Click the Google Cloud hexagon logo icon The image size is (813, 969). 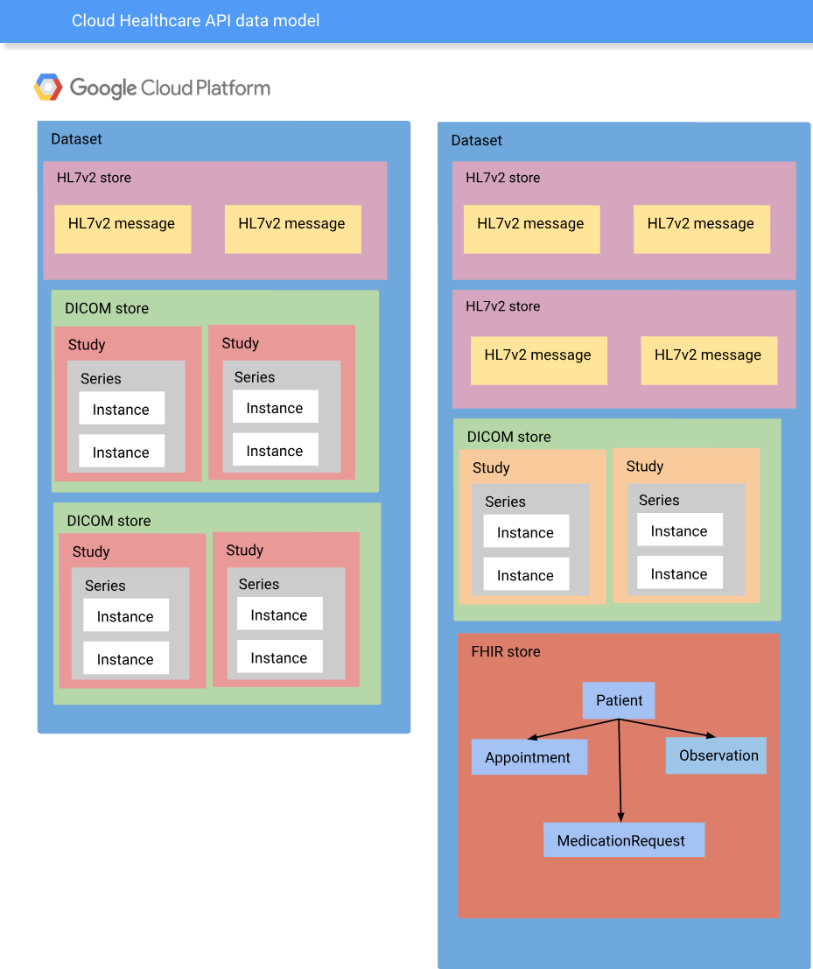coord(48,88)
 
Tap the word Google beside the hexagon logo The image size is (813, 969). coord(103,88)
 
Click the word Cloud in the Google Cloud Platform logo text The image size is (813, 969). coord(166,88)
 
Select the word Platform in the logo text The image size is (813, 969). coord(234,88)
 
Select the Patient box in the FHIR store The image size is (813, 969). coord(619,700)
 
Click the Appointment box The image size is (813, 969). coord(529,757)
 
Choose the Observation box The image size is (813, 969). coord(716,755)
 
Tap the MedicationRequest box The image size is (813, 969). coord(623,840)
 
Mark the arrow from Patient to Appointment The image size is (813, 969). coord(573,729)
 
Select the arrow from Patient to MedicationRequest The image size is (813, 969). coord(620,770)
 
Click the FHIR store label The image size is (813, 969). coord(505,651)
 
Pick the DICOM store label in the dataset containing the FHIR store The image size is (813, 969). coord(508,437)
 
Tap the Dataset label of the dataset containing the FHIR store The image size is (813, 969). coord(476,140)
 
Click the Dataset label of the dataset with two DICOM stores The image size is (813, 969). coord(76,139)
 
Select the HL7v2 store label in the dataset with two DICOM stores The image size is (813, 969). coord(94,178)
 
